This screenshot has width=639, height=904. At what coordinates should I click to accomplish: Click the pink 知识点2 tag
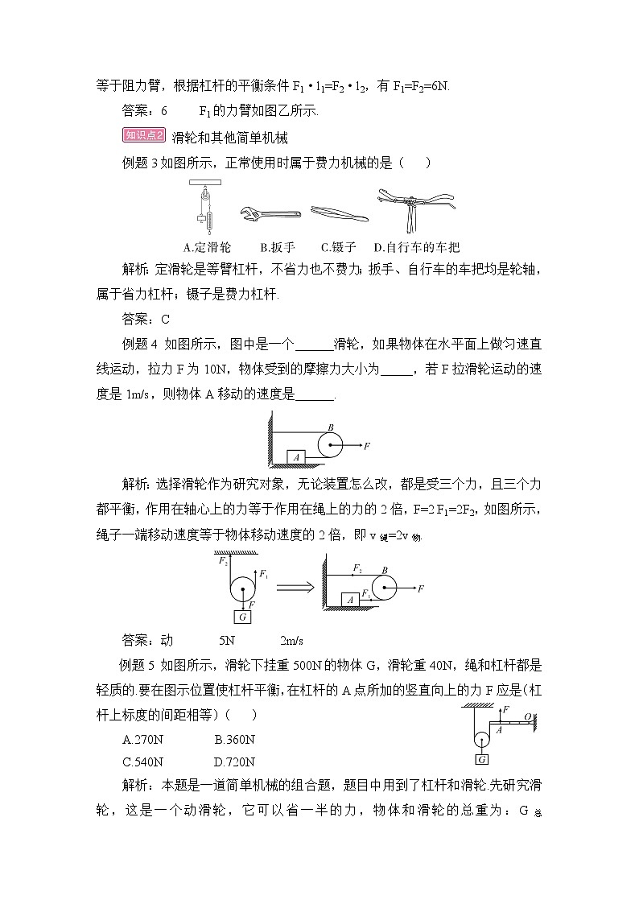pyautogui.click(x=143, y=135)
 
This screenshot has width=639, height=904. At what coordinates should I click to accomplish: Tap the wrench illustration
pyautogui.click(x=270, y=213)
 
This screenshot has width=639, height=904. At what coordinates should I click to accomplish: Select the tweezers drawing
pyautogui.click(x=339, y=213)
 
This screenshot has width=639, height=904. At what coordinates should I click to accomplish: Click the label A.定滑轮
pyautogui.click(x=208, y=247)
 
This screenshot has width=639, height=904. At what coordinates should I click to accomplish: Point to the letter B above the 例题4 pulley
pyautogui.click(x=330, y=427)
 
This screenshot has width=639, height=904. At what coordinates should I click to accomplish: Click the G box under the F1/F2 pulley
pyautogui.click(x=241, y=617)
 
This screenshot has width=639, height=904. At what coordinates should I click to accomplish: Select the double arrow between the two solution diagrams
pyautogui.click(x=294, y=588)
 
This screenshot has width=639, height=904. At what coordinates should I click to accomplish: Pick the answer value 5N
pyautogui.click(x=226, y=641)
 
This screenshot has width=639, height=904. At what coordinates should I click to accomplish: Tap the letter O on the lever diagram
pyautogui.click(x=527, y=716)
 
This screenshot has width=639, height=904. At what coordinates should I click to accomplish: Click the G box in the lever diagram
pyautogui.click(x=482, y=759)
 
